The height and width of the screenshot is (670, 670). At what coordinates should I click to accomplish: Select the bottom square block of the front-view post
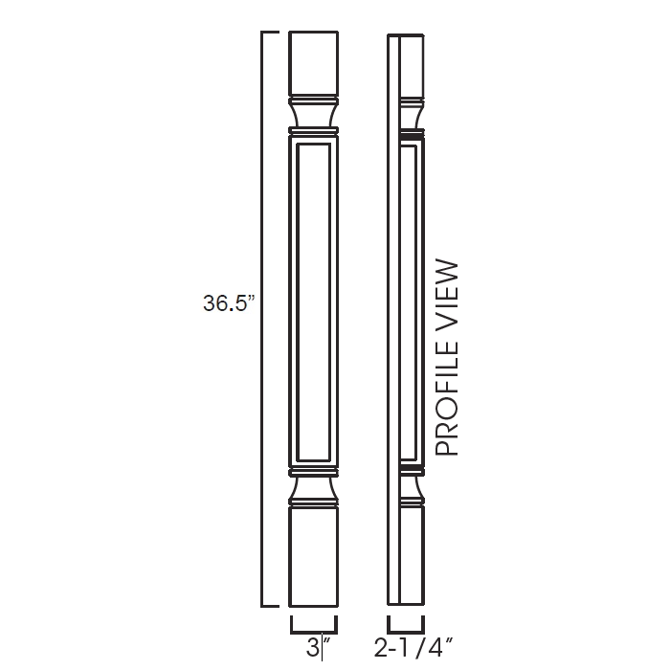tap(314, 555)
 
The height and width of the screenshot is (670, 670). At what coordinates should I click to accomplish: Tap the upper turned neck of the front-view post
tap(314, 115)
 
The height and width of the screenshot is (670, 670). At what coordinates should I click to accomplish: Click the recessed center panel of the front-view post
tap(314, 301)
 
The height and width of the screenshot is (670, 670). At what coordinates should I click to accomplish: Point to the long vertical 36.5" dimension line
tap(263, 191)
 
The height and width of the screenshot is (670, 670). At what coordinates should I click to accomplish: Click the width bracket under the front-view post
tap(314, 626)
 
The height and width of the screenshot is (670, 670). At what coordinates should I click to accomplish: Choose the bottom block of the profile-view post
tap(407, 555)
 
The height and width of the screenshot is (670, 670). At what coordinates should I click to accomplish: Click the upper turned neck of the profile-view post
tap(410, 116)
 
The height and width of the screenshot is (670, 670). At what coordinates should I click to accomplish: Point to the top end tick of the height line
tap(270, 33)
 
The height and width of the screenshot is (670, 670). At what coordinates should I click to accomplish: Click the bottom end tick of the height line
tap(270, 606)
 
